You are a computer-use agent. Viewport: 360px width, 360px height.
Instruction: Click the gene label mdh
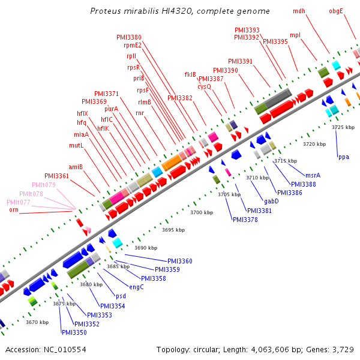click(299, 11)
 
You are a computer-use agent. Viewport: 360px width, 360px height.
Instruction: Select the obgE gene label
click(336, 11)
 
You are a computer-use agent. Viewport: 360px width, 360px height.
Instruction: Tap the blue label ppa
click(344, 157)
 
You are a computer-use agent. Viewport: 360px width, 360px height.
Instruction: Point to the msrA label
click(313, 175)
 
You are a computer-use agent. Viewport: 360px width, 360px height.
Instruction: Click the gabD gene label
click(271, 202)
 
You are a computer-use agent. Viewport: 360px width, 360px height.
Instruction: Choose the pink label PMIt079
click(44, 185)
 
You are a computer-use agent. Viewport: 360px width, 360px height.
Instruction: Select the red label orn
click(14, 209)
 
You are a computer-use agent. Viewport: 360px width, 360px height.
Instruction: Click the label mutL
click(76, 145)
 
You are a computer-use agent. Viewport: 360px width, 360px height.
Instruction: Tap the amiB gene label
click(76, 167)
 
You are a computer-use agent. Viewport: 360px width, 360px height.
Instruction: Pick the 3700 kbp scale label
click(202, 212)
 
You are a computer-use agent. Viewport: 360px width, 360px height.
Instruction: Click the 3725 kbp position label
click(343, 127)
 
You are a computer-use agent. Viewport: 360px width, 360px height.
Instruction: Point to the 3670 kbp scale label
click(37, 322)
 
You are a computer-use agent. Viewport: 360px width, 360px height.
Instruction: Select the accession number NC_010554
click(65, 350)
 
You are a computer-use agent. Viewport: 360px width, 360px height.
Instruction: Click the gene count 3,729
click(343, 350)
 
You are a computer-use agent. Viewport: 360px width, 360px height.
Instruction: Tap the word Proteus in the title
click(106, 11)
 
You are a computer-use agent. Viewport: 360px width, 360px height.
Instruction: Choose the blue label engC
click(136, 287)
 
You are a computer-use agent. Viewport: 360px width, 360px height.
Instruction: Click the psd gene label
click(121, 296)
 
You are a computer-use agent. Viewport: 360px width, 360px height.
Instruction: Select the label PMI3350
click(74, 332)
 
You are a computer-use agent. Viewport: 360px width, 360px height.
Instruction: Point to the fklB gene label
click(190, 74)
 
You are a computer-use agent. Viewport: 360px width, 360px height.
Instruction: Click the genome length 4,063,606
click(270, 350)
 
